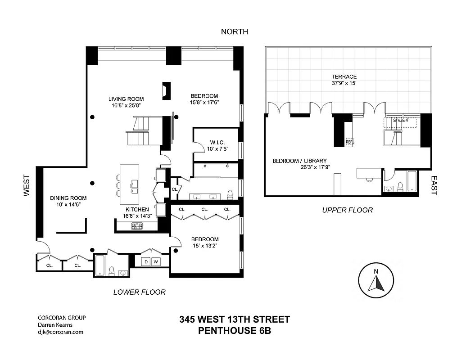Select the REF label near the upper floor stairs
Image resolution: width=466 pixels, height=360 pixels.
[349, 142]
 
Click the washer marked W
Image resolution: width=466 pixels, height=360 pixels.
[156, 261]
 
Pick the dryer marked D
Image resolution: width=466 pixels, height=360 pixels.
[145, 261]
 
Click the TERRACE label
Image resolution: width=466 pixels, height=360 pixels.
[344, 77]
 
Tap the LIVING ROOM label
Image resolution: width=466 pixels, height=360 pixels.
[126, 99]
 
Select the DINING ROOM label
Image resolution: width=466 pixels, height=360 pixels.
[68, 198]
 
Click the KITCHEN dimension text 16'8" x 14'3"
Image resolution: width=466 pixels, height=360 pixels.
[137, 216]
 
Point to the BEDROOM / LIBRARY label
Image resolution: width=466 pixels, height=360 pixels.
[299, 161]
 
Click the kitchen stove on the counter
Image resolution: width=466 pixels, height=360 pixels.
[137, 227]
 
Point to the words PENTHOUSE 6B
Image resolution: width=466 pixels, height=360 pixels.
[234, 331]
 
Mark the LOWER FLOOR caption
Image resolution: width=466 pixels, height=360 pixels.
[139, 292]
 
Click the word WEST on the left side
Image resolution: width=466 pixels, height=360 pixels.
[27, 186]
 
